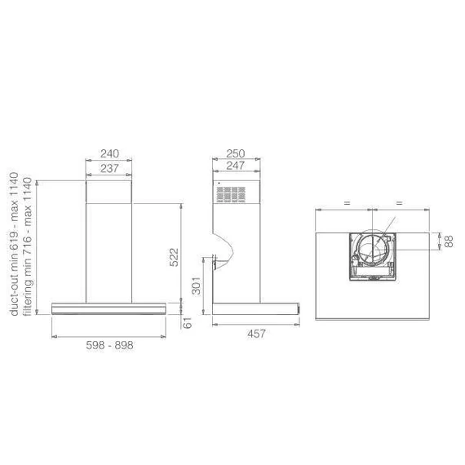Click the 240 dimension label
click(x=110, y=153)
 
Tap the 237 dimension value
click(x=110, y=168)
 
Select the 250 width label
click(x=236, y=153)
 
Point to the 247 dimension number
click(x=236, y=166)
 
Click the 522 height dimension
click(x=174, y=258)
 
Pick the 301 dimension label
click(x=197, y=286)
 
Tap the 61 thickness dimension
click(x=187, y=323)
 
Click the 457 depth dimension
click(x=256, y=334)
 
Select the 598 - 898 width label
click(x=110, y=345)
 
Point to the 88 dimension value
click(x=449, y=241)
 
